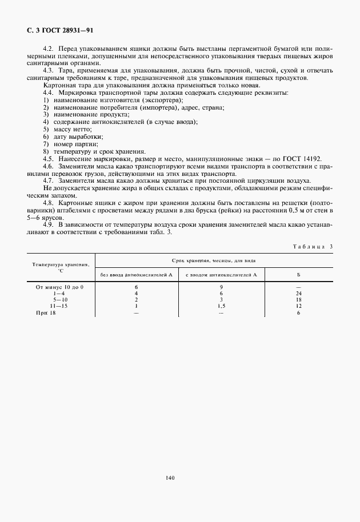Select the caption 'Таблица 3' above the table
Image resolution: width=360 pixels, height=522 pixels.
[x=313, y=246]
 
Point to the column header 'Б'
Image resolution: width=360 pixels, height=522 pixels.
[x=298, y=275]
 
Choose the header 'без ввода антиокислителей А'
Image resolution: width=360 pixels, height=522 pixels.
[x=136, y=275]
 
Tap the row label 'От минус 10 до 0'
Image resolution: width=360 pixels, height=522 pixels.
[x=59, y=287]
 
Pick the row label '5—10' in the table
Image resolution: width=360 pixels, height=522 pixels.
[x=60, y=299]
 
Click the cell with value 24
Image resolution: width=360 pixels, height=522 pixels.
[x=298, y=293]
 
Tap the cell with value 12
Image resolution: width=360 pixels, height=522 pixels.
[x=298, y=306]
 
